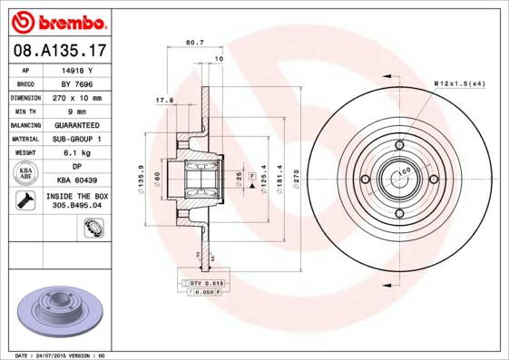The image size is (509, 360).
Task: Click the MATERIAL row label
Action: click(x=24, y=139)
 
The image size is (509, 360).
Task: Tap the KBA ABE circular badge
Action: click(x=24, y=173)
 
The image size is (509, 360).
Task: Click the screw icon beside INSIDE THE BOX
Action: click(x=23, y=201)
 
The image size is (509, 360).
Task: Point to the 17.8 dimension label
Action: click(x=164, y=100)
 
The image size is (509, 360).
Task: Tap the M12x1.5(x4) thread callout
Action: click(x=459, y=83)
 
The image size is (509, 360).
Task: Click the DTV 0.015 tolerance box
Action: click(x=206, y=284)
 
